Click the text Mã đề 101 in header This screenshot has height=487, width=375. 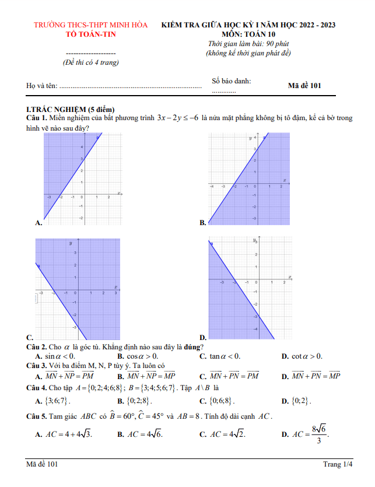pos(304,85)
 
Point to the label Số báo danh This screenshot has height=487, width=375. pos(232,81)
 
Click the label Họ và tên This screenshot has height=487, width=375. pos(42,86)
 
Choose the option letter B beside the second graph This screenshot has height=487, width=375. pos(202,223)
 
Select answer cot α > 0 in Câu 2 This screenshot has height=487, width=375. pos(306,356)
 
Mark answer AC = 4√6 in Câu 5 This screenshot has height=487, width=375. pos(144,433)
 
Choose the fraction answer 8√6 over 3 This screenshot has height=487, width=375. pos(318,433)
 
